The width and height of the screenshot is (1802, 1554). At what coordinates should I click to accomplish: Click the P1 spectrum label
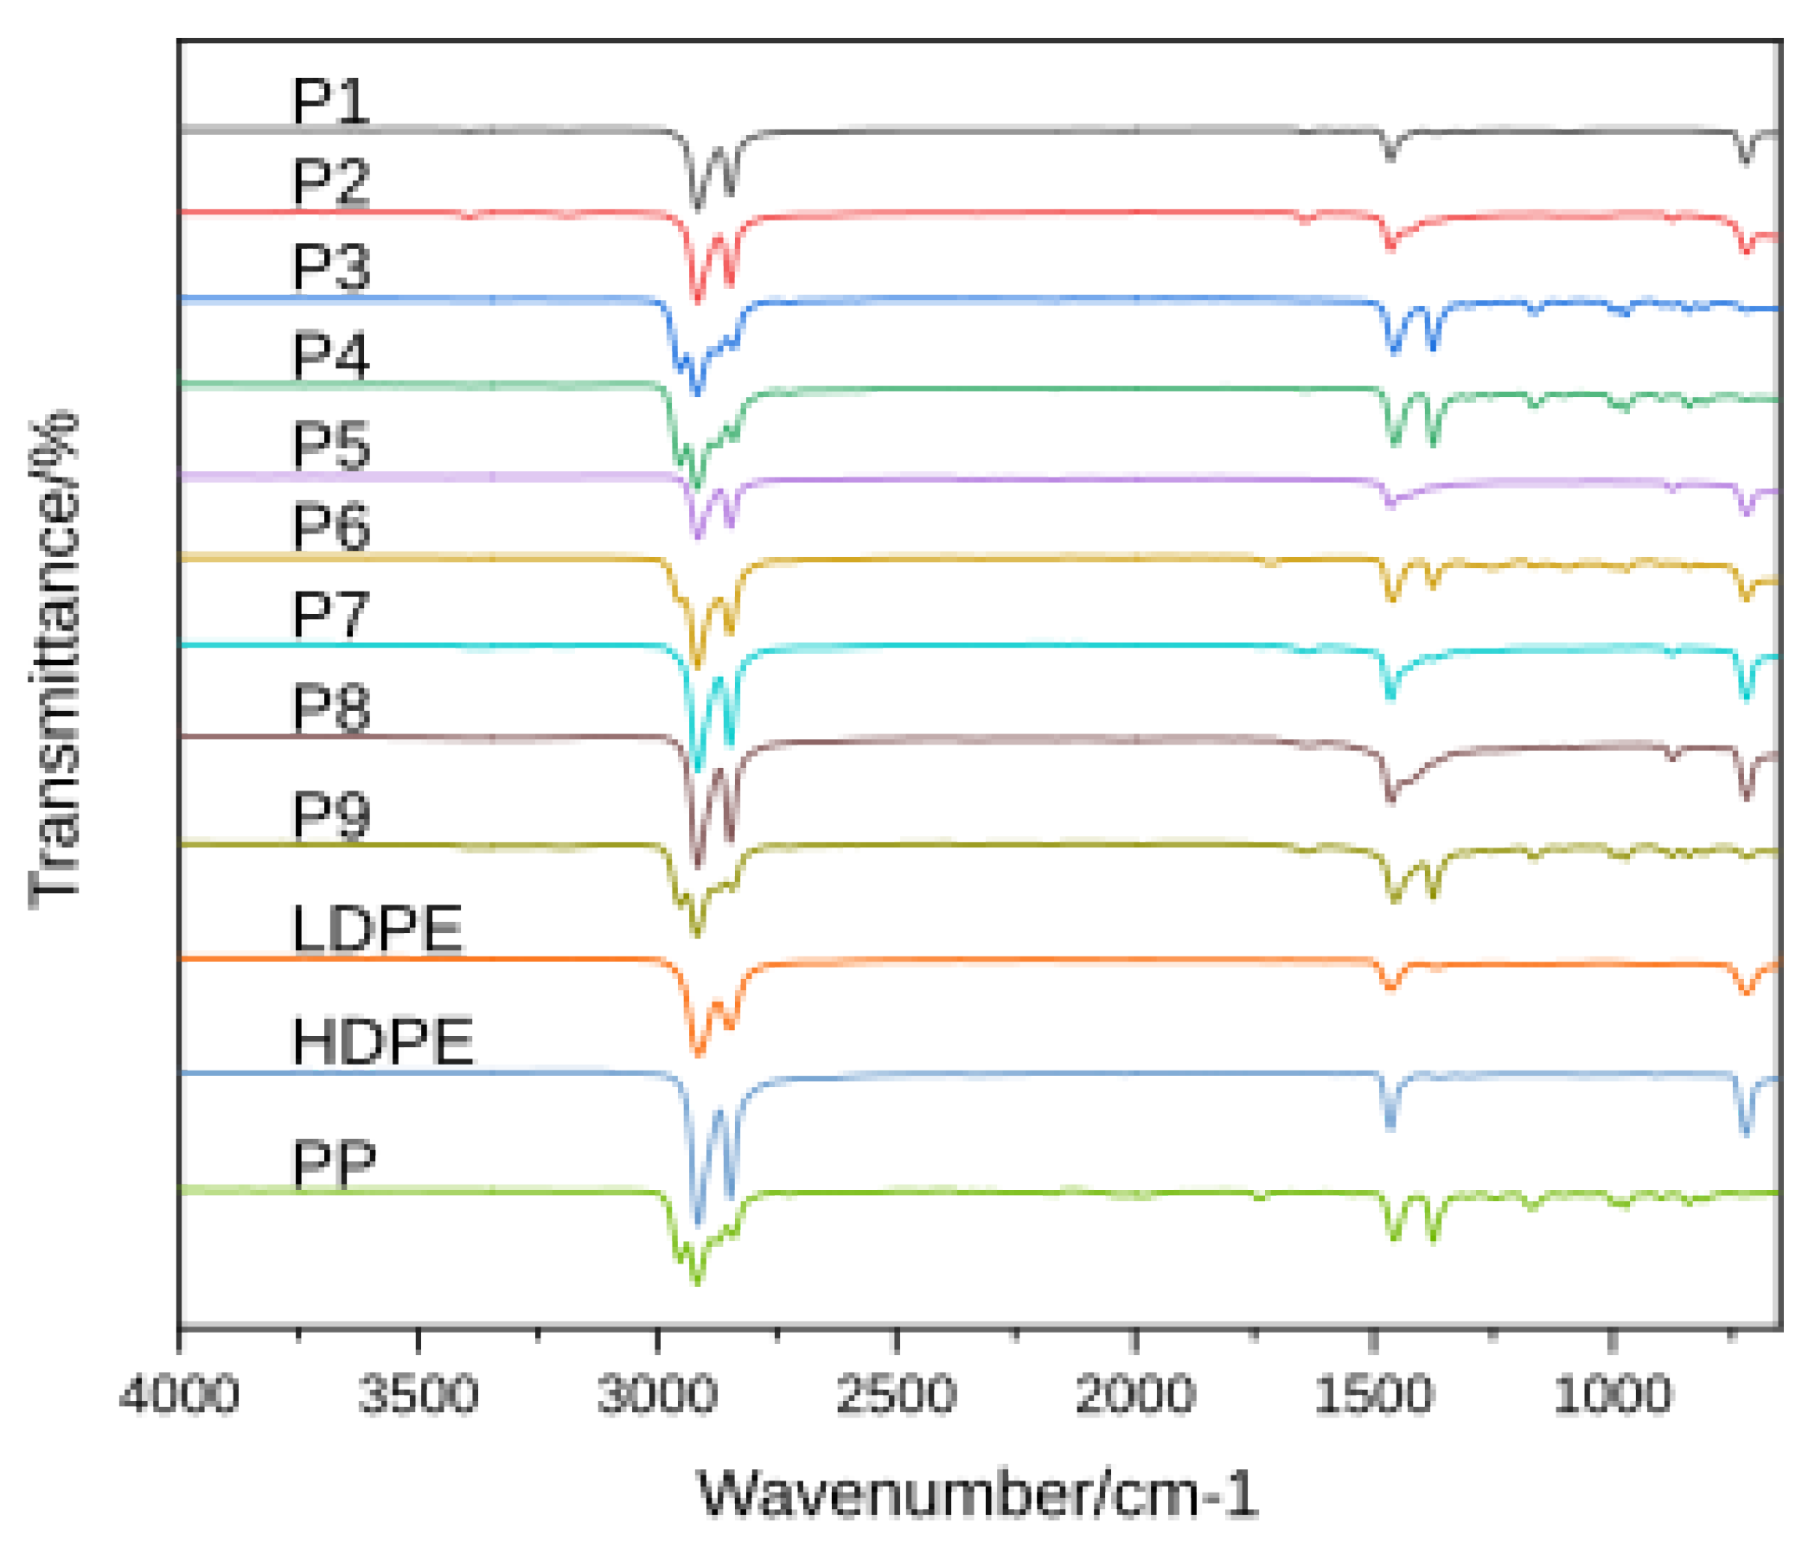330,102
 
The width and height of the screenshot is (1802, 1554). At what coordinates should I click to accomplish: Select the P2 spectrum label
330,182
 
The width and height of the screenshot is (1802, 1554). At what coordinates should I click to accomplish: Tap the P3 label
330,266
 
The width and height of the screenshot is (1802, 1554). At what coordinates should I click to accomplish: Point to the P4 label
330,355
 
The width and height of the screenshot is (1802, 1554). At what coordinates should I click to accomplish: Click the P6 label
330,526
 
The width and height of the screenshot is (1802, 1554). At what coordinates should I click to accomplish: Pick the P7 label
330,615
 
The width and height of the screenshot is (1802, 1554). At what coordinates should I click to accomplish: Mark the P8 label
330,707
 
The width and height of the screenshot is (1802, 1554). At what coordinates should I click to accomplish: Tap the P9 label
330,814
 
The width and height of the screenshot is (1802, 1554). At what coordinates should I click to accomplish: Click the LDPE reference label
377,930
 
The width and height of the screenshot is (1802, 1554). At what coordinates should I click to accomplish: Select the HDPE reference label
383,1041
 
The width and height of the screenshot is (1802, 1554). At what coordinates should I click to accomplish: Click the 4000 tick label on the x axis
179,1396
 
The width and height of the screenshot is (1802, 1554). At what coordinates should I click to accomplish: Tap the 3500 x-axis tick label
419,1396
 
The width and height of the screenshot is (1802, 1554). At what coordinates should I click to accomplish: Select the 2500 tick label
896,1396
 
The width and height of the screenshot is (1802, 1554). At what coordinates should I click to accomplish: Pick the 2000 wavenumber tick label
1135,1396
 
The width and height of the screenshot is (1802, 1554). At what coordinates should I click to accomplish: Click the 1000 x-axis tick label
1612,1396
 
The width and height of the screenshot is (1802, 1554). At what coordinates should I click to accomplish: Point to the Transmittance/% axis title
54,661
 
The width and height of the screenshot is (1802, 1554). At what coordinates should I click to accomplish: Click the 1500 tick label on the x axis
1373,1396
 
